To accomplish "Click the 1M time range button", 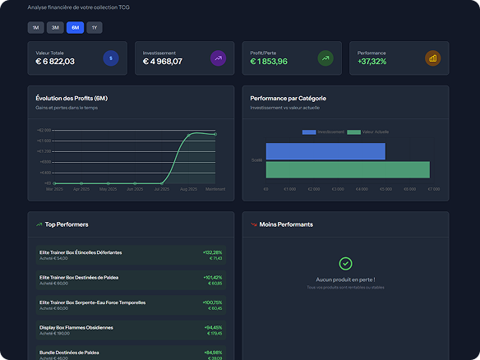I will pos(35,27).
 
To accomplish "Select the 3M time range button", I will pos(55,27).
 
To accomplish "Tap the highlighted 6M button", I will pos(75,27).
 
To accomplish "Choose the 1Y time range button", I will pos(95,27).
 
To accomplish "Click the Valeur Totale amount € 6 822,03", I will pos(55,62).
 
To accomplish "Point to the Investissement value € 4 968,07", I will pos(163,62).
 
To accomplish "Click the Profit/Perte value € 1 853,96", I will pos(269,62).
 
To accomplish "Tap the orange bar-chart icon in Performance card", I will pos(432,58).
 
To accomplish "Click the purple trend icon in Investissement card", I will pos(218,58).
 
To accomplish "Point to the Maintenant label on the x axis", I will pos(215,189).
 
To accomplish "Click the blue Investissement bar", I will pos(325,151).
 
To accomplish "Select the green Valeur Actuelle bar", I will pos(348,169).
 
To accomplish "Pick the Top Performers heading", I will pos(67,224).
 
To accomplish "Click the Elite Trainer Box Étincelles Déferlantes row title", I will pos(81,252).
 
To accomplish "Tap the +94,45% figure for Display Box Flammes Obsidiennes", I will pos(213,327).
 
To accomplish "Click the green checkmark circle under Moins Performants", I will pos(345,264).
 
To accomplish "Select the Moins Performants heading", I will pos(285,224).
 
